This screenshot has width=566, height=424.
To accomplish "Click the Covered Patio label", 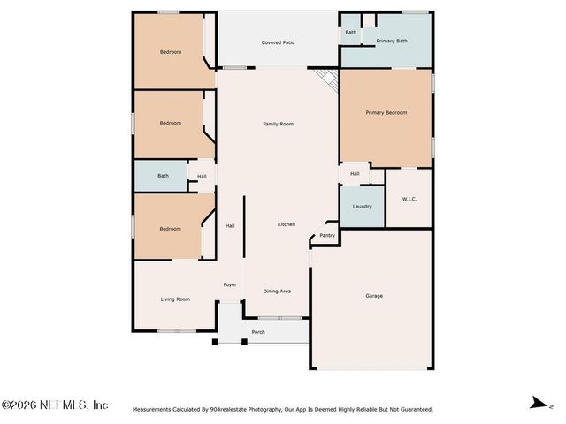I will pos(277,42).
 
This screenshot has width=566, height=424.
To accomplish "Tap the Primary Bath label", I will pos(391,41).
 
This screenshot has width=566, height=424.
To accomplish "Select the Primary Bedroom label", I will pos(386,113).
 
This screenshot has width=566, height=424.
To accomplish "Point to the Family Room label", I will pos(278,124).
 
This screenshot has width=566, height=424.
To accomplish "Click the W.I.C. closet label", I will pos(409,199).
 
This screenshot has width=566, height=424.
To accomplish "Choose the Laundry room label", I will pos(362,207).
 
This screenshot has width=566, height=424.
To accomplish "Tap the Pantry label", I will pos(327,235).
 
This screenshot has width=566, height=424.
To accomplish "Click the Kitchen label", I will pos(287,224).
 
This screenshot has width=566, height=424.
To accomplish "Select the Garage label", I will pos(374,296).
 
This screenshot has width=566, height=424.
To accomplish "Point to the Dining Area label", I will pos(277,291).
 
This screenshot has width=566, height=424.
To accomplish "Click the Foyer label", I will pos(230,284).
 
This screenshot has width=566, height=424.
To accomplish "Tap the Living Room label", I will pos(175,299).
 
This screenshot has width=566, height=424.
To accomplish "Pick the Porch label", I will pos(258,332).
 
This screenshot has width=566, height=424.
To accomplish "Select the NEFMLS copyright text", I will pos(55,405).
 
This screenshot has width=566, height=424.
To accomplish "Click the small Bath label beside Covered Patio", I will pos(351,32).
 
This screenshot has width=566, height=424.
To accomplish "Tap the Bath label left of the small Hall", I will pos(163,176).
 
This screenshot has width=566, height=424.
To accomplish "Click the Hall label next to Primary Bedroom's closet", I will pos(355,174).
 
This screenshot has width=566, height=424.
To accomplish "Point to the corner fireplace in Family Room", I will pos(330,78).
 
